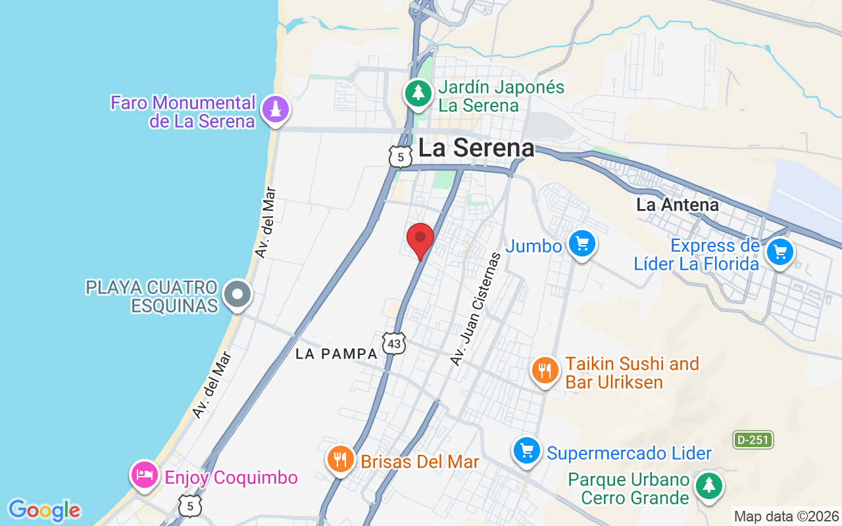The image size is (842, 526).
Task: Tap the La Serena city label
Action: (476, 148)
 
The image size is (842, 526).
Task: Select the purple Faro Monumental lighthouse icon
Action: (276, 109)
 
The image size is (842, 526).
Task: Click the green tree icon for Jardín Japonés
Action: (418, 93)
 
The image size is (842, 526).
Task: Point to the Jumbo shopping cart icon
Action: (582, 244)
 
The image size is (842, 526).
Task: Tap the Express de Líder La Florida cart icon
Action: (780, 252)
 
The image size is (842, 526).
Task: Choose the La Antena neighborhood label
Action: (678, 205)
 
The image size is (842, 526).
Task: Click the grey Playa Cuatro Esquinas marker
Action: (237, 295)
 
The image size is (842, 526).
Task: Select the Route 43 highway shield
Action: (393, 343)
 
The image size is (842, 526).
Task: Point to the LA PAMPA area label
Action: (337, 354)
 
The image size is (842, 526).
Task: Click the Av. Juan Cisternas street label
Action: (476, 309)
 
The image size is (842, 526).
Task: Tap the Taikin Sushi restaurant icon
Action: (545, 371)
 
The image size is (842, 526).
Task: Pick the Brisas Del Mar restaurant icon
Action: (340, 459)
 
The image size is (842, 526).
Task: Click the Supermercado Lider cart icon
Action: (527, 451)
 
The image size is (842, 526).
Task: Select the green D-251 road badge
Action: (753, 440)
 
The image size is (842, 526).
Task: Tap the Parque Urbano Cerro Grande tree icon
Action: (708, 487)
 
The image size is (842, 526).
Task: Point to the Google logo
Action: (44, 510)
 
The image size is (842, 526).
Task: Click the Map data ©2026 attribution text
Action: (787, 516)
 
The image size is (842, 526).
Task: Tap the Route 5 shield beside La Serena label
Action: (400, 156)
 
